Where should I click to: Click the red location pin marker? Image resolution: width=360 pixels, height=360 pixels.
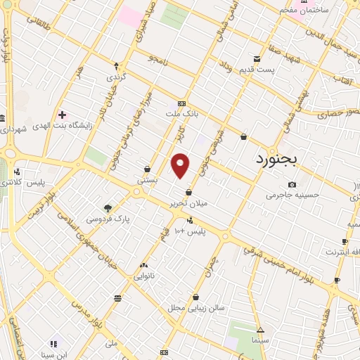pos(181,165)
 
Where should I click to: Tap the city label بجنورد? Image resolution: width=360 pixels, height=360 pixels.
pos(286,159)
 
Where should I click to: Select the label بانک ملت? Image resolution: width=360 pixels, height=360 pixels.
pos(179,113)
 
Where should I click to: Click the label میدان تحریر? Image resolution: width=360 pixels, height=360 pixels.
pos(189,203)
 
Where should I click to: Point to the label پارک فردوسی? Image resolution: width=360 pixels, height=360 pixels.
pos(108,219)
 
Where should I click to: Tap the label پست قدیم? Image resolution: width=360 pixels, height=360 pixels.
pos(275,70)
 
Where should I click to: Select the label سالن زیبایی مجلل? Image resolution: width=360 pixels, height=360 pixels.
pos(195,307)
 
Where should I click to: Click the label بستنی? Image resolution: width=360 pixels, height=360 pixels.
pos(147,179)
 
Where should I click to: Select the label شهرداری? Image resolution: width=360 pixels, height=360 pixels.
pos(13,129)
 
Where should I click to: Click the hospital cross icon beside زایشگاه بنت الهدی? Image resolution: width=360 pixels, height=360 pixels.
pos(63,114)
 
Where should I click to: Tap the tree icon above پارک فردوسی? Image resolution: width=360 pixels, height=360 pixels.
pos(108,208)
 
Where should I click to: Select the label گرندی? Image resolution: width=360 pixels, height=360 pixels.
pos(115,76)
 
